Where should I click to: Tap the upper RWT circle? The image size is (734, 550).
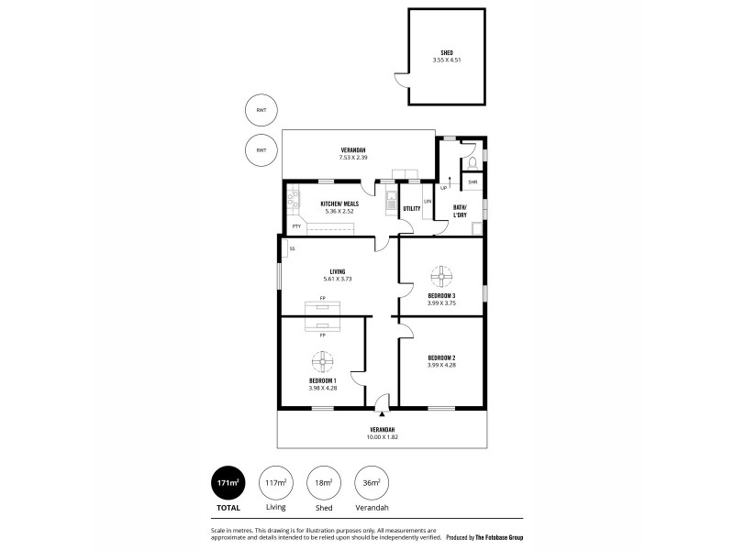pos(261,112)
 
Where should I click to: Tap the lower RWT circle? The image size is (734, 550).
pos(261,149)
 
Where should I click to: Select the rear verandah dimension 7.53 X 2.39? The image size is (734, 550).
pos(356,158)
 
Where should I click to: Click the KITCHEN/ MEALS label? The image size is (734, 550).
pos(338,203)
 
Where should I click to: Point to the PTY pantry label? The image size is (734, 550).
pos(296,225)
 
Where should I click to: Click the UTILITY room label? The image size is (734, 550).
pos(412,208)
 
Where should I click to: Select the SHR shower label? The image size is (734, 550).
pos(472,182)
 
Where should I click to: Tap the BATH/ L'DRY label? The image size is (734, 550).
pos(462,212)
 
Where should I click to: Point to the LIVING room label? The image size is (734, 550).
pos(338,270)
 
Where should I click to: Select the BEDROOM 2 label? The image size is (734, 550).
pos(442,358)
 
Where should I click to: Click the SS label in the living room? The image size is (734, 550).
pos(292,248)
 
